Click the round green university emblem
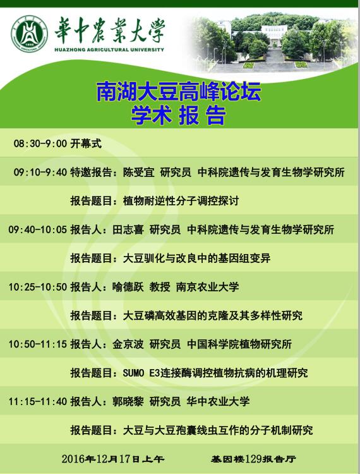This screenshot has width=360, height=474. pos(29,33)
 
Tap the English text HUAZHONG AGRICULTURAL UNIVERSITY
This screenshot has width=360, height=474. pos(109,49)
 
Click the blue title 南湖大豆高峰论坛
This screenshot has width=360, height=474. pos(179,92)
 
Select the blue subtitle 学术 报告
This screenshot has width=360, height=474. pos(179,115)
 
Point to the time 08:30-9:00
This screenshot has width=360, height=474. pos(40,143)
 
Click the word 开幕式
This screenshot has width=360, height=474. pos(86,143)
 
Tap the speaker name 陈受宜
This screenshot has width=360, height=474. pos(138,173)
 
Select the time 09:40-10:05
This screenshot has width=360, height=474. pos(38,230)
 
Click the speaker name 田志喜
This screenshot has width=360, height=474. pos(128,230)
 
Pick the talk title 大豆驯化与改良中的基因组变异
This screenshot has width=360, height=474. pos(196,258)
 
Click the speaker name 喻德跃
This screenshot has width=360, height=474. pos(128,287)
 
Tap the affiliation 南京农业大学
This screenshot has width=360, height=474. pos(207,287)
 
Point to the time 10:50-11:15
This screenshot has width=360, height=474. pos(38,344)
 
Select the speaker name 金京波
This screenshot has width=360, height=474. pos(128,344)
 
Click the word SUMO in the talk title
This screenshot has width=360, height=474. pos(133,373)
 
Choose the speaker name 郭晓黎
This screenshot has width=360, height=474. pos(128,401)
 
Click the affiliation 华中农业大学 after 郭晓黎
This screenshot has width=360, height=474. pos(218,401)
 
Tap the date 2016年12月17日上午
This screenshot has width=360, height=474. pos(113,459)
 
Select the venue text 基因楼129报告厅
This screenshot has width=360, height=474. pos(253,459)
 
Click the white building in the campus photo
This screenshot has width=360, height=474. pos(274,32)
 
